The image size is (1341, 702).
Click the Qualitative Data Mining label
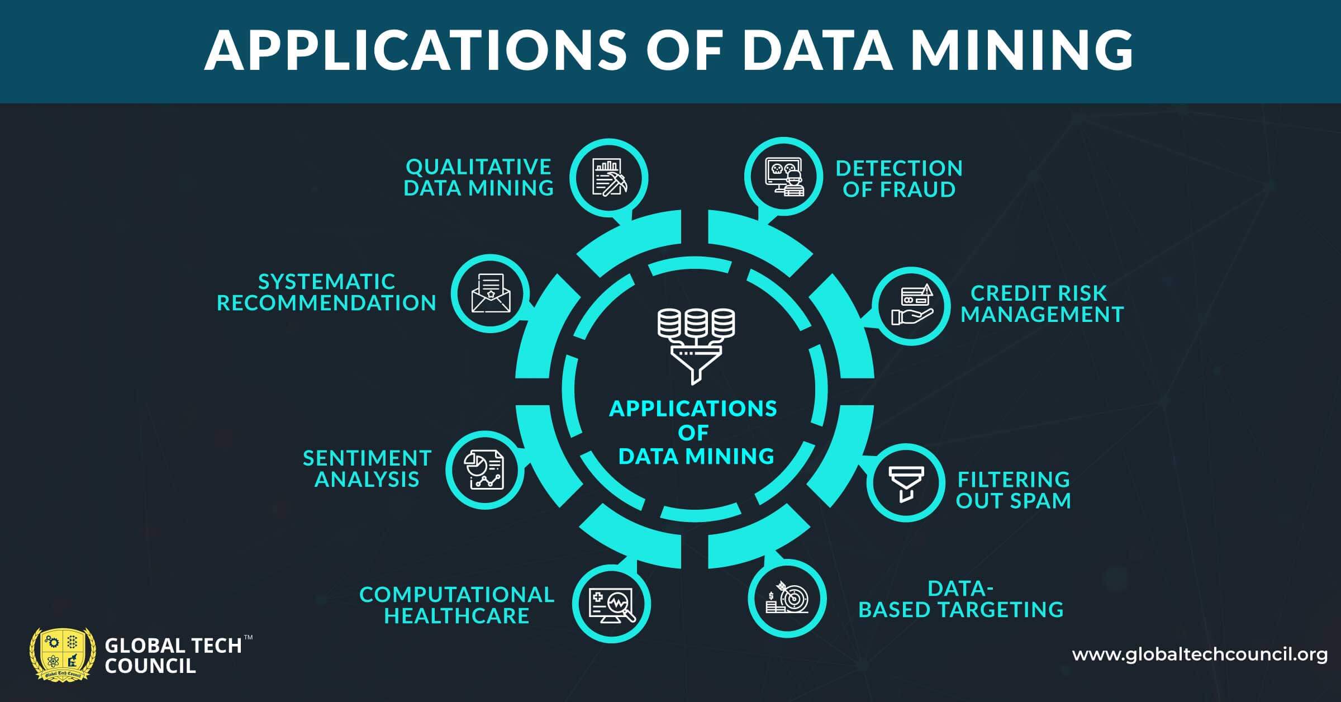(478, 178)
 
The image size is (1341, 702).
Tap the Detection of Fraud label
(899, 179)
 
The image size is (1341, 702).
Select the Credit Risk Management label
(1042, 304)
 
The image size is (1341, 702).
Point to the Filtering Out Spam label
(1013, 490)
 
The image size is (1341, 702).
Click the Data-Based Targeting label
(960, 599)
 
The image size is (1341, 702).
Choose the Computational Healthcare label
(456, 605)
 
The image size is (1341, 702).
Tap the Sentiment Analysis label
(367, 468)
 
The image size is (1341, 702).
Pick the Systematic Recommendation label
(326, 292)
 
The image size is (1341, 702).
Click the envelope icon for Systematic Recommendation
(491, 293)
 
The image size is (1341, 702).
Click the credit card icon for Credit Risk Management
(911, 306)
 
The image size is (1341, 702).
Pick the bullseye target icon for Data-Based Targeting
(787, 598)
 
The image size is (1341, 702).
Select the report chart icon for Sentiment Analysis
(484, 470)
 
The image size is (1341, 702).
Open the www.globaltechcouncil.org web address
(1199, 655)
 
